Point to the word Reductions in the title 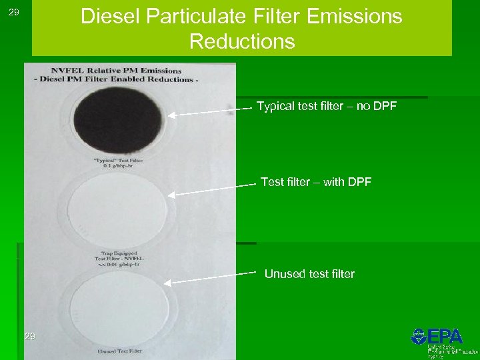(241, 41)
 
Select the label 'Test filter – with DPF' (316, 182)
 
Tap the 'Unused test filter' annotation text (309, 274)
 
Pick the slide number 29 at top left (14, 13)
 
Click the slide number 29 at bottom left (29, 336)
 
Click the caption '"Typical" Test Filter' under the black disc (118, 161)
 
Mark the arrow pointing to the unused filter (210, 277)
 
